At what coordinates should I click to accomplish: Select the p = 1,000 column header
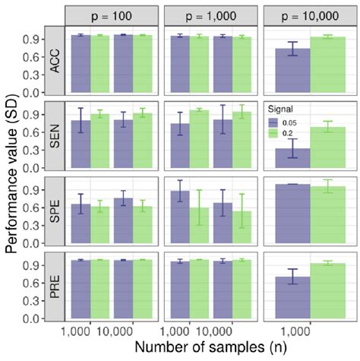pos(208,14)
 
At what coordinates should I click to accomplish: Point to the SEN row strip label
pos(53,137)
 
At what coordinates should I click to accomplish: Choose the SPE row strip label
pos(53,211)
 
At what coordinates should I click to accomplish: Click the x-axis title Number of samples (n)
pos(207,350)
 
